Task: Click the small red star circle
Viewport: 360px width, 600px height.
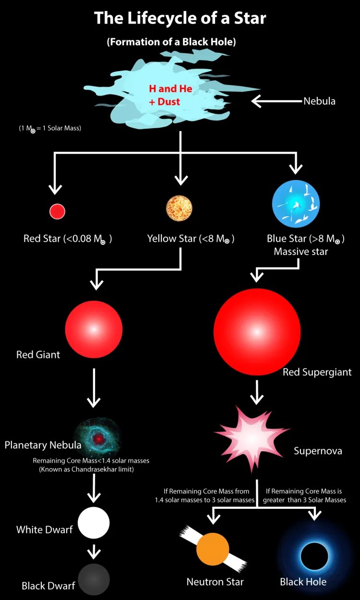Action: (x=57, y=211)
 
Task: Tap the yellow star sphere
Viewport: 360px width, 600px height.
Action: (x=179, y=208)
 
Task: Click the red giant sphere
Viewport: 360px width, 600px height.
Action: (x=94, y=328)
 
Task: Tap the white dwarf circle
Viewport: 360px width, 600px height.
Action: (x=94, y=523)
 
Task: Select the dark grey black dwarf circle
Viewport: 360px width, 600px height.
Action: (x=94, y=579)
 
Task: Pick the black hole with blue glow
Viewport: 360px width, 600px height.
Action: (x=314, y=556)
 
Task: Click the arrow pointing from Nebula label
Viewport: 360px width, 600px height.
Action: (x=276, y=101)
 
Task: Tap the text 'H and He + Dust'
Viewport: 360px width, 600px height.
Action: (x=170, y=95)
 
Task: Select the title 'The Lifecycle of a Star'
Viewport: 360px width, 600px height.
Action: (x=180, y=18)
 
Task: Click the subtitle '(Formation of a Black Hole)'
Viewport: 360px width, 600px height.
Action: (x=171, y=42)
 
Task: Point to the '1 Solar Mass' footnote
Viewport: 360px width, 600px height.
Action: (x=50, y=128)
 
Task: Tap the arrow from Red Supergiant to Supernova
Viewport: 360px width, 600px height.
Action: (x=257, y=392)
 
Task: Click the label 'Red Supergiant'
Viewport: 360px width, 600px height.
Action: (x=317, y=372)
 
